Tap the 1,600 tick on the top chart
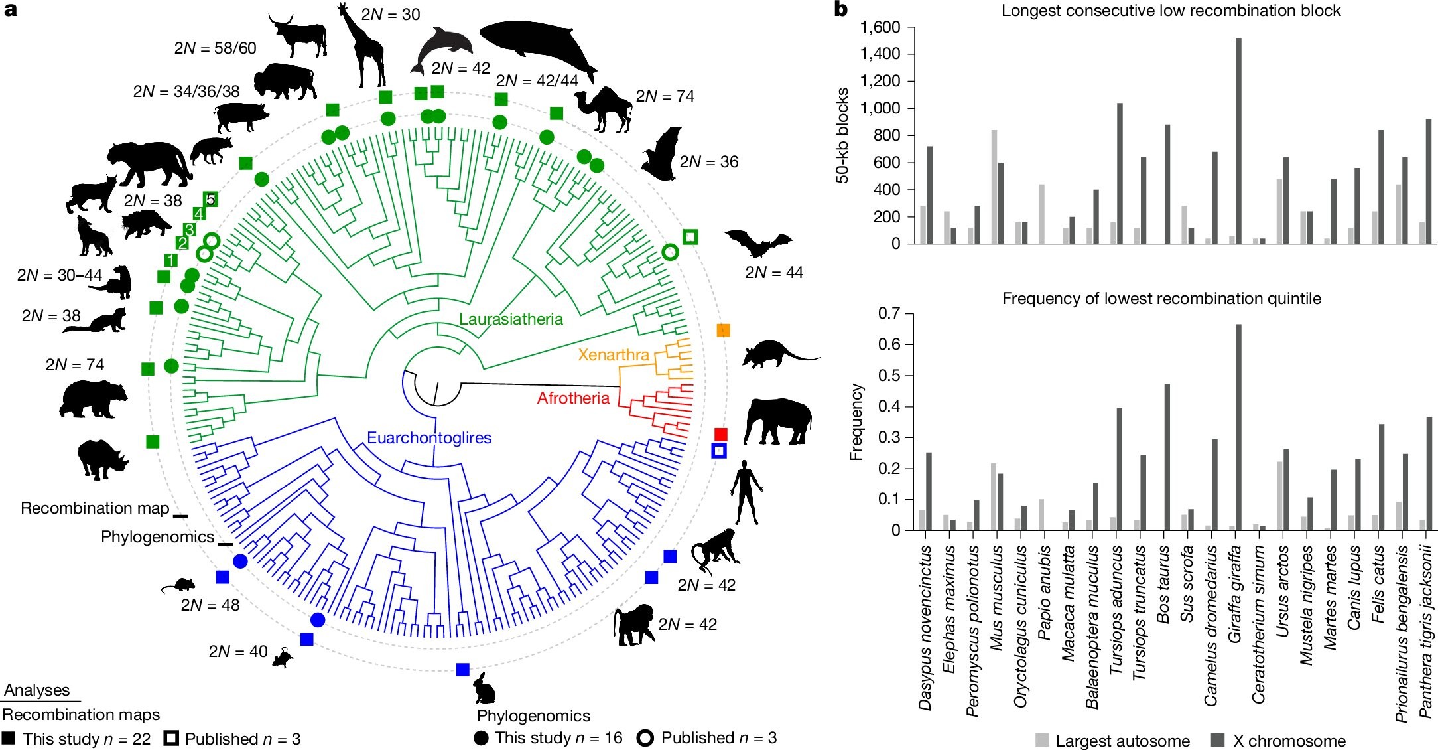coord(880,27)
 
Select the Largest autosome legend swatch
coord(1043,740)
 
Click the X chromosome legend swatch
coord(1218,740)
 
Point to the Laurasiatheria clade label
coord(511,319)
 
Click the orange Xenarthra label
coord(614,355)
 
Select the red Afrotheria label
coord(573,398)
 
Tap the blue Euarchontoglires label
coord(429,438)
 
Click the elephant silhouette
coord(777,421)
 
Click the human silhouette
coord(746,492)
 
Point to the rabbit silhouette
coord(484,688)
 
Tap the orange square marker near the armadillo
coord(723,330)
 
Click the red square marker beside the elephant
coord(720,434)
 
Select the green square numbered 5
coord(211,199)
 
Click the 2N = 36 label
coord(708,162)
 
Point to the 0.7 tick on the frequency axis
coord(889,313)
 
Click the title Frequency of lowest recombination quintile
coord(1161,299)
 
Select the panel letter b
coord(841,9)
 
